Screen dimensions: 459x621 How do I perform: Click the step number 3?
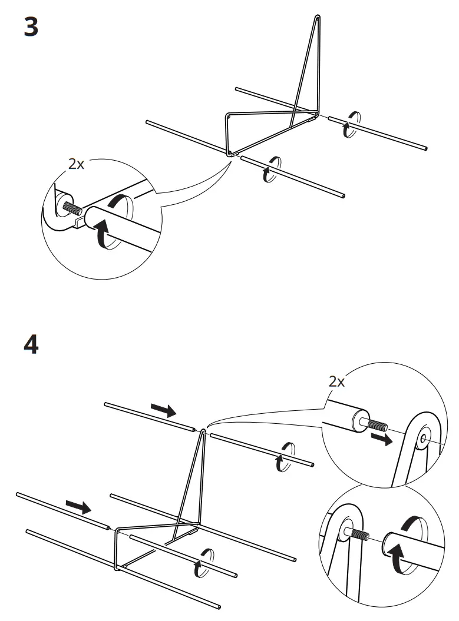pyautogui.click(x=31, y=27)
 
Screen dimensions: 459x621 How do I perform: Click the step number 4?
pyautogui.click(x=31, y=344)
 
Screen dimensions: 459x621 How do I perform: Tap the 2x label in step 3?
pyautogui.click(x=76, y=164)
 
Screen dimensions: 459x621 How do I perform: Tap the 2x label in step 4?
pyautogui.click(x=336, y=381)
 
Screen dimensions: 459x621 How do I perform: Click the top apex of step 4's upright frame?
pyautogui.click(x=203, y=430)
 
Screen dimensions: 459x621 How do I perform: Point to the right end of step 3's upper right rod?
pyautogui.click(x=425, y=149)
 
